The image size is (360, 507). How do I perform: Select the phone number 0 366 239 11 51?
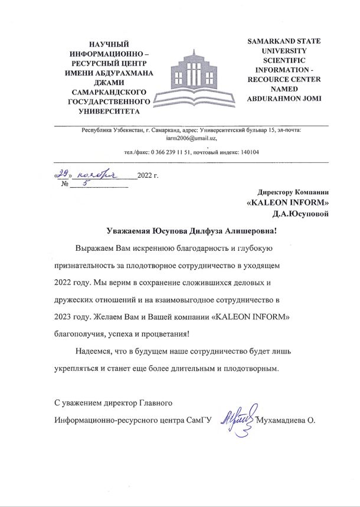tap(171, 152)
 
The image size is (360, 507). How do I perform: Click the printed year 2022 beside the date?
tap(145, 176)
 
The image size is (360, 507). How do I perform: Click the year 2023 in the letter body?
tap(63, 316)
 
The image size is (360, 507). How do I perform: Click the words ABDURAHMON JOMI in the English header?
tap(284, 98)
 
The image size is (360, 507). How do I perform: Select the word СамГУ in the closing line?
tap(198, 420)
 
